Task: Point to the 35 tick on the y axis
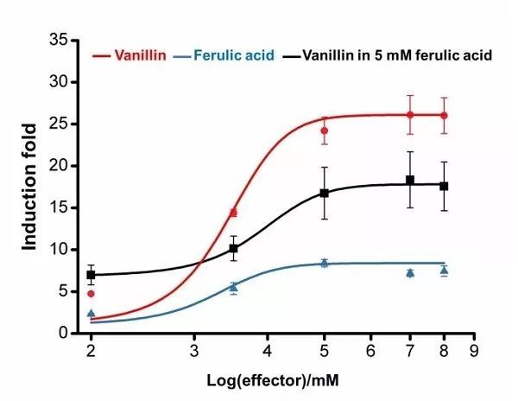click(x=58, y=41)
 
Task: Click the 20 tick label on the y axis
click(x=58, y=166)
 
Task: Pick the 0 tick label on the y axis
click(x=61, y=334)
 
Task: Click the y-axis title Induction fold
click(x=31, y=187)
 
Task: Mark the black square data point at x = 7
click(x=410, y=180)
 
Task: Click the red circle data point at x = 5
click(x=325, y=130)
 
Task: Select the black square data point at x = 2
click(x=91, y=275)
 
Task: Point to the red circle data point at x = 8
click(x=444, y=115)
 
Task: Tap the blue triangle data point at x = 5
click(x=325, y=262)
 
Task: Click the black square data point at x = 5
click(x=325, y=193)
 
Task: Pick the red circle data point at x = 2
click(x=91, y=294)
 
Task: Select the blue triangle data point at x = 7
click(x=410, y=272)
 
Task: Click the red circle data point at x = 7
click(x=410, y=114)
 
